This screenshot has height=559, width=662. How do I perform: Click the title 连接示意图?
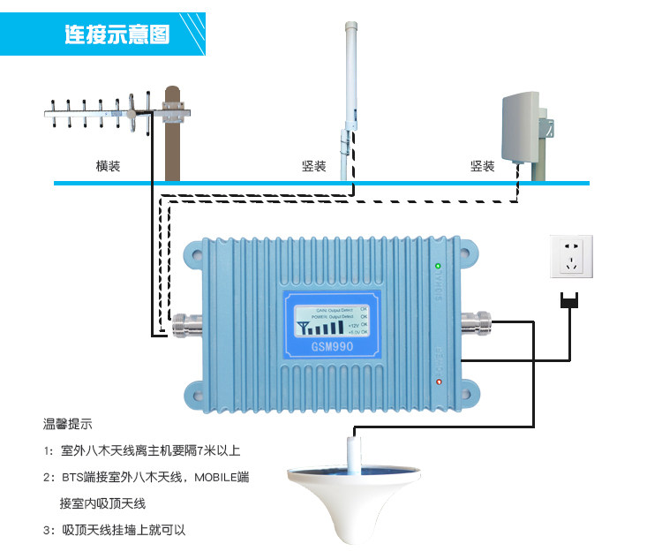pos(117,34)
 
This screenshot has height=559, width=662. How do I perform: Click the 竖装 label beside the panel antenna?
pos(482,166)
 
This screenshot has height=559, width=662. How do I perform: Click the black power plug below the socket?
pos(570,301)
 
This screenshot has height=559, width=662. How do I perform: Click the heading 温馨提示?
pos(68,423)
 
